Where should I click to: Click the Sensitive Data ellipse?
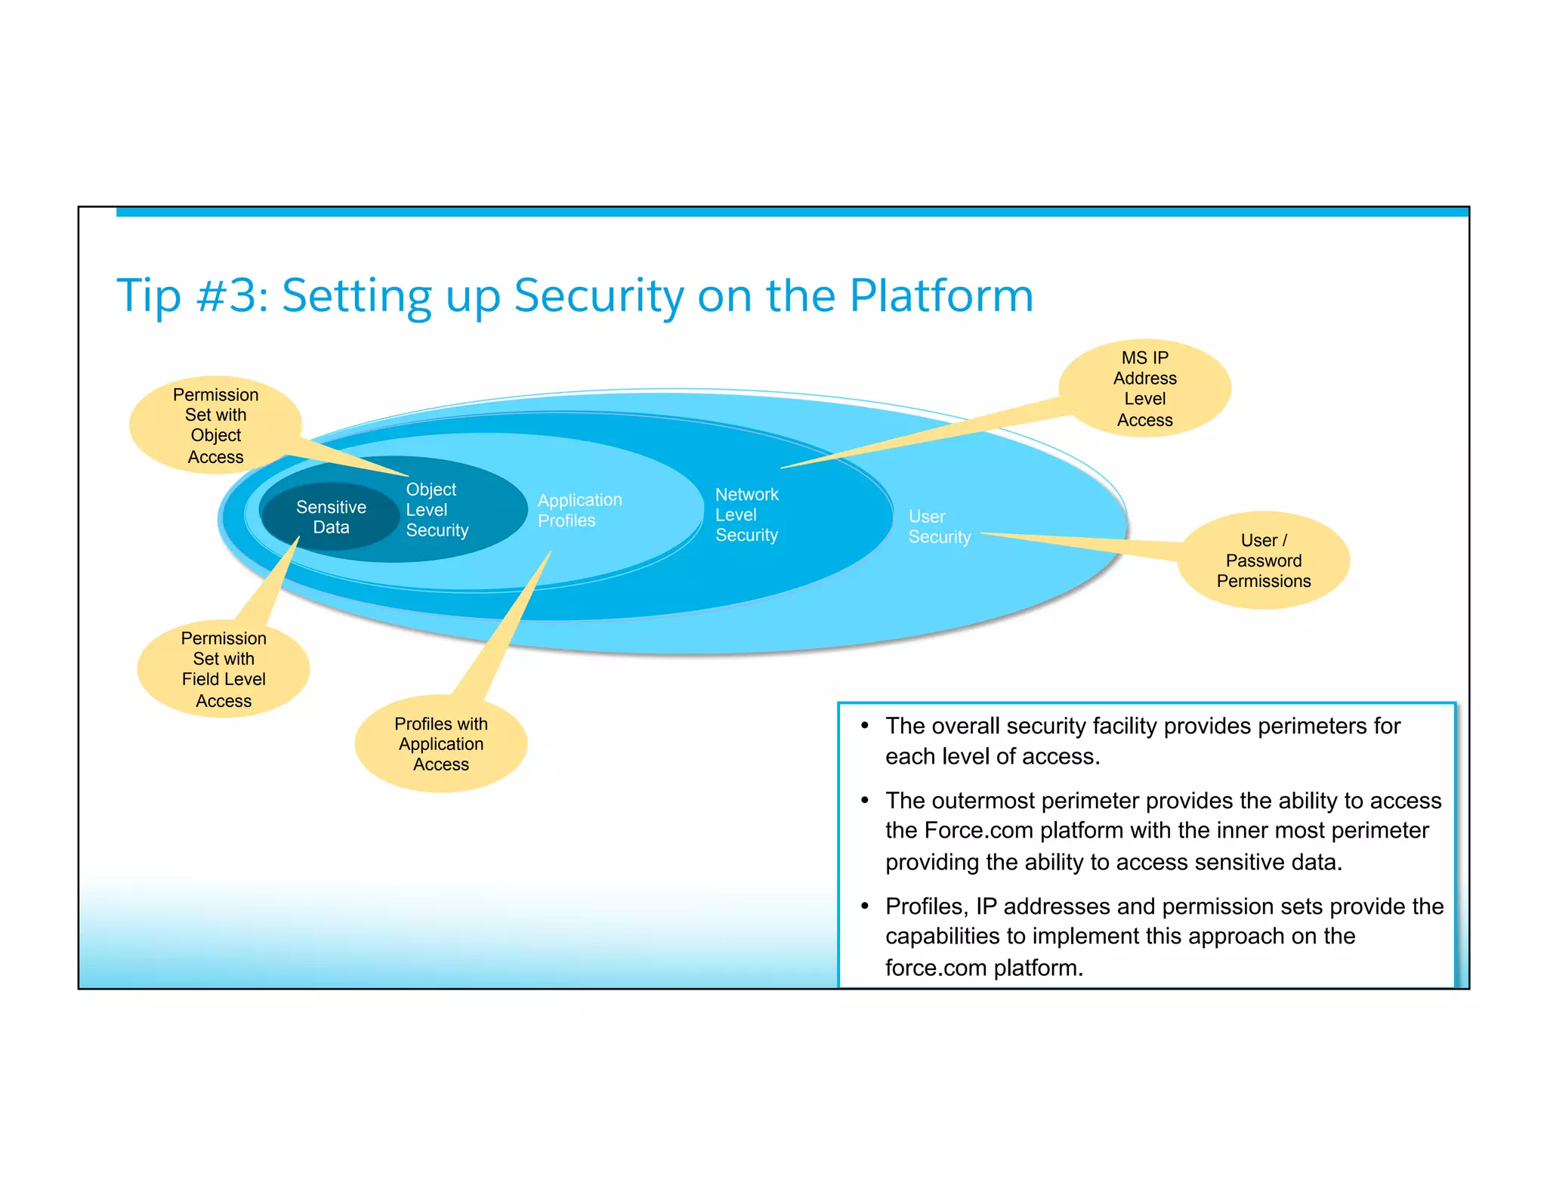(330, 517)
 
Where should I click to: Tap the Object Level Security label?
(437, 510)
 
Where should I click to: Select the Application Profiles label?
(579, 510)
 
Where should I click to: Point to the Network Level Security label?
(746, 514)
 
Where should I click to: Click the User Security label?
(938, 526)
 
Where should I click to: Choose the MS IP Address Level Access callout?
(1144, 388)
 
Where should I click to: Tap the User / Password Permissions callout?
(1263, 560)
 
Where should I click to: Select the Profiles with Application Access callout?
(440, 744)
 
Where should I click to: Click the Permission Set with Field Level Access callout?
(224, 669)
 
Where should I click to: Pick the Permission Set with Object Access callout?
(215, 425)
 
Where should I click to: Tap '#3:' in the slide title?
(232, 295)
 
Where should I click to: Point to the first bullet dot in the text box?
(865, 725)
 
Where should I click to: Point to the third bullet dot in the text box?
(865, 906)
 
